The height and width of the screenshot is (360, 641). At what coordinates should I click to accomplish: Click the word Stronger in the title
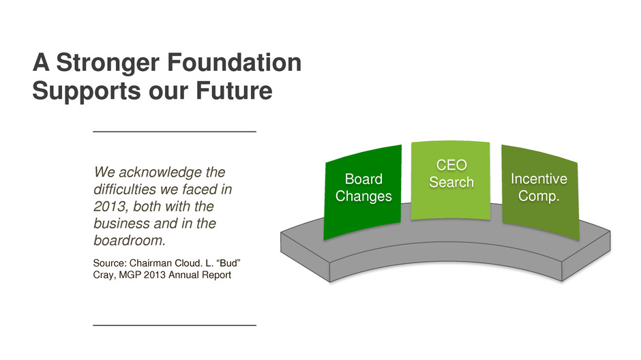pyautogui.click(x=108, y=63)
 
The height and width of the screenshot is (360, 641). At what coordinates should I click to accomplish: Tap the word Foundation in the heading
pyautogui.click(x=235, y=62)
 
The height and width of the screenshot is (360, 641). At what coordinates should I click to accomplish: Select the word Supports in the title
pyautogui.click(x=87, y=91)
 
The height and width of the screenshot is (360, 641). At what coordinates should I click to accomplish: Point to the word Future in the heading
pyautogui.click(x=234, y=90)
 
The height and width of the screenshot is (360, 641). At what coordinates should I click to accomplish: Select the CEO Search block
pyautogui.click(x=451, y=180)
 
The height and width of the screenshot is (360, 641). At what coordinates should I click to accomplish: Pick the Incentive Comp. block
pyautogui.click(x=539, y=192)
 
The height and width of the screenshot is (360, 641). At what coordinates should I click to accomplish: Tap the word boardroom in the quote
pyautogui.click(x=129, y=240)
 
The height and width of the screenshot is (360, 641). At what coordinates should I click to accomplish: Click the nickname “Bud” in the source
pyautogui.click(x=230, y=263)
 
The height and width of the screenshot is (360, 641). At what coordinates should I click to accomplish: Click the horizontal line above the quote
pyautogui.click(x=175, y=132)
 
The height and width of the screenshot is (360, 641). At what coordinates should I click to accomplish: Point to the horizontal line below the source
pyautogui.click(x=175, y=325)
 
